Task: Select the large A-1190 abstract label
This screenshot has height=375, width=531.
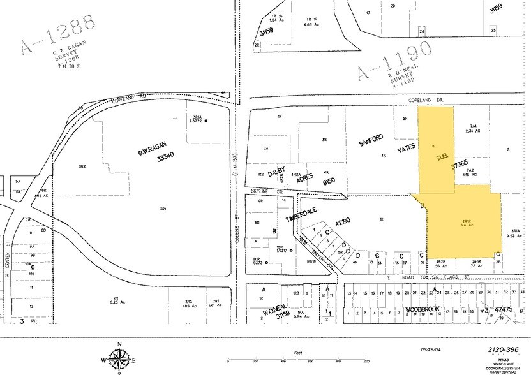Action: tap(393, 62)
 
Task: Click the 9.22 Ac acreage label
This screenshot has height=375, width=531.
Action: tap(516, 235)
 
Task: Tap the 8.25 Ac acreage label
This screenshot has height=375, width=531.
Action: tap(116, 302)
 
